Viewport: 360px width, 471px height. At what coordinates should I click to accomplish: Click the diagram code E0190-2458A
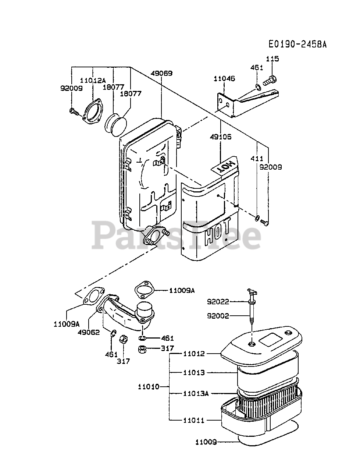297,44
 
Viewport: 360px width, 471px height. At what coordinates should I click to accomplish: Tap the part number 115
272,59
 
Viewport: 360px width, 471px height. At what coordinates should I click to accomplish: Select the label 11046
224,78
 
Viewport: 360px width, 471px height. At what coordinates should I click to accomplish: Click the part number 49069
161,73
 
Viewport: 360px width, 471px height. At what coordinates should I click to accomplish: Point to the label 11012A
93,81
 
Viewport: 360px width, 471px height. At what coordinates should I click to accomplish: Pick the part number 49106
221,137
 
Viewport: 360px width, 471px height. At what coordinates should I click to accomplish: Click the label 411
257,159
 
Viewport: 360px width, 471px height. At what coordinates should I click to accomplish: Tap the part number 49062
88,332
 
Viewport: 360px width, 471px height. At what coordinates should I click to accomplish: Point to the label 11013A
196,393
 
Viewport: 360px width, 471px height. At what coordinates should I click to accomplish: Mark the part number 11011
194,420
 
